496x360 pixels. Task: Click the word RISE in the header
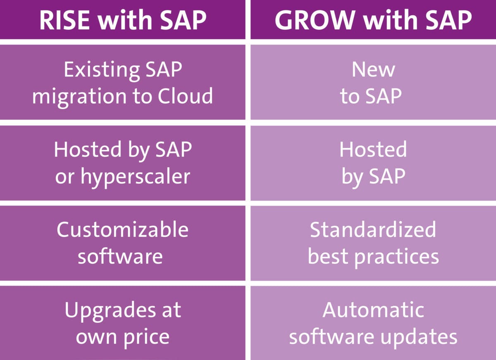64,20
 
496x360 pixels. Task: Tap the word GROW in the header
315,20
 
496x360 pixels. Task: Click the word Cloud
185,95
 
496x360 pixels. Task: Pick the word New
373,70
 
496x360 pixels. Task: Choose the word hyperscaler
136,177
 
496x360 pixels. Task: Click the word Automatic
373,310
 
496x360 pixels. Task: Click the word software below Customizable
120,256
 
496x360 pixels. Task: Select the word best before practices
329,256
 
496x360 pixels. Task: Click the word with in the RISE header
125,20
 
